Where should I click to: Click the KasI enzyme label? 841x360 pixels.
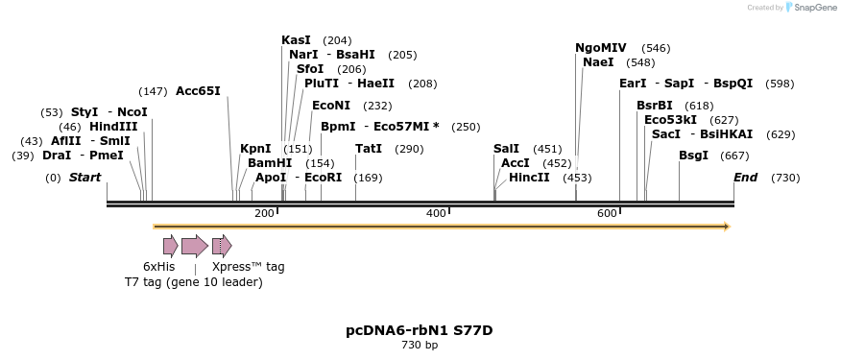296,40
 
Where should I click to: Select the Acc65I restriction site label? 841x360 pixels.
198,91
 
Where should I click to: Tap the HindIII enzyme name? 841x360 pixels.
113,126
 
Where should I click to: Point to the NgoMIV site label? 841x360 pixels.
600,48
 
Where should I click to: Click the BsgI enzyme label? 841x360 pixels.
693,155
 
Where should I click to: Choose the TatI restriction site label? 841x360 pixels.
369,149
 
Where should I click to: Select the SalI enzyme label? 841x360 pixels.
506,149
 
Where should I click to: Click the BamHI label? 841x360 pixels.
270,163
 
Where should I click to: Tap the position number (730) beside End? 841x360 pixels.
785,178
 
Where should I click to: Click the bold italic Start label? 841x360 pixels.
84,178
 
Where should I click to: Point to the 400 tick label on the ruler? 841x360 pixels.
436,213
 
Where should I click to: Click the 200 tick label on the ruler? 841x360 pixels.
264,213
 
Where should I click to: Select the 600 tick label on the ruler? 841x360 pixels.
607,213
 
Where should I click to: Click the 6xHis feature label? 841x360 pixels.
159,266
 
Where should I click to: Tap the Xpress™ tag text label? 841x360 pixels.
248,266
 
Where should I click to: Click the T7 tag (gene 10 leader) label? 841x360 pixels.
193,281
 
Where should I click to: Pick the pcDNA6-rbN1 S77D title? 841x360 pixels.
420,330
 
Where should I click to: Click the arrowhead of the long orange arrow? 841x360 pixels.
726,227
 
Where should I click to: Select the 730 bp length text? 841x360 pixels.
420,345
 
